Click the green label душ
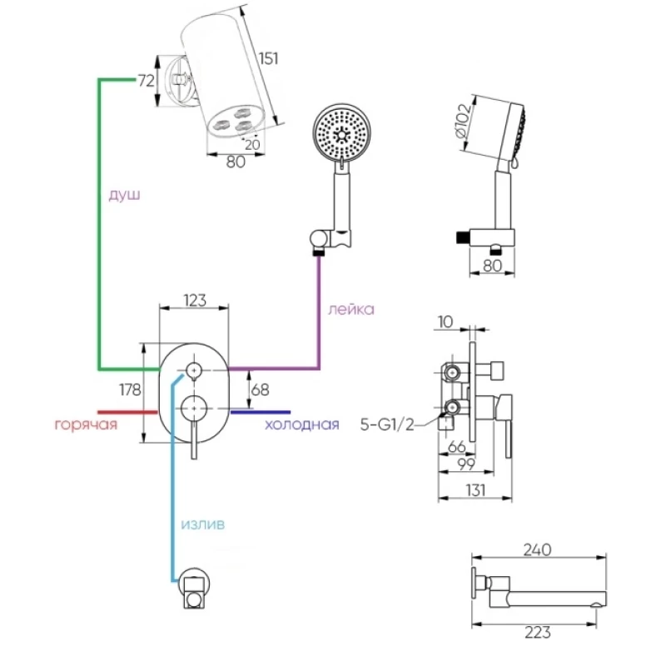(x=124, y=195)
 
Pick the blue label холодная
(x=301, y=425)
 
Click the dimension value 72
(x=147, y=81)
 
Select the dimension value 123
(x=193, y=301)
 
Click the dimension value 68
(x=260, y=388)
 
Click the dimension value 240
(x=538, y=549)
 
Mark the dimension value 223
(x=538, y=632)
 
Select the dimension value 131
(x=475, y=491)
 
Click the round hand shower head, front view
(x=340, y=132)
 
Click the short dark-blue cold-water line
(x=260, y=411)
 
